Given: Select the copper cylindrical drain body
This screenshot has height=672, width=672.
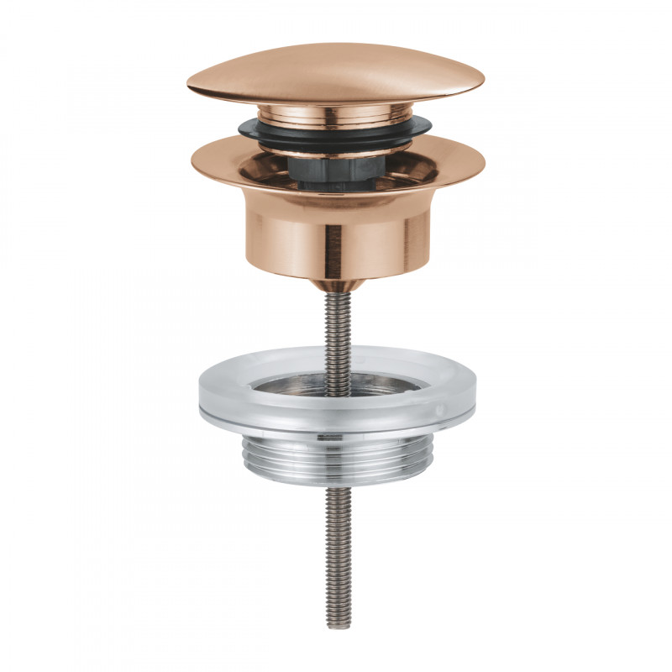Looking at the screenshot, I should point(336,235).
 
